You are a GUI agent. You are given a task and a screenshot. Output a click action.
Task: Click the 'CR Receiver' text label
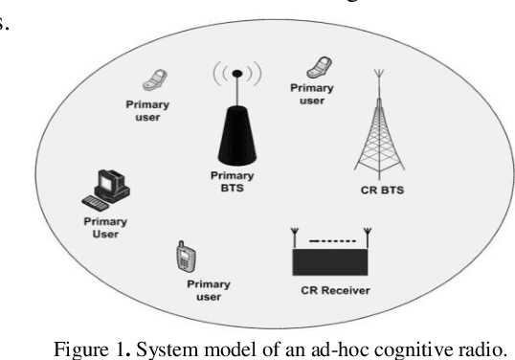331,288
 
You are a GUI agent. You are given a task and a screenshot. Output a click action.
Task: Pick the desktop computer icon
105,186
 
